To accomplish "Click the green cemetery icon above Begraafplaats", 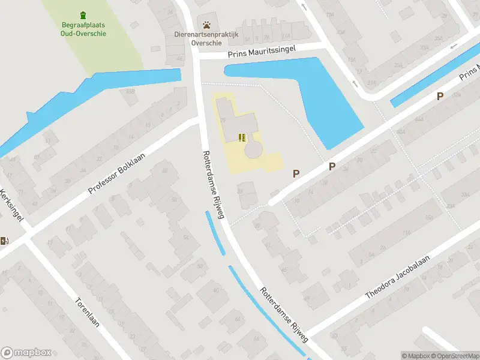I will pyautogui.click(x=83, y=15).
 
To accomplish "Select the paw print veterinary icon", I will pyautogui.click(x=207, y=25).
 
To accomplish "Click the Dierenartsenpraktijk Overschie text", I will pyautogui.click(x=206, y=39).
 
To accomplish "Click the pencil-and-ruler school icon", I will pyautogui.click(x=242, y=138).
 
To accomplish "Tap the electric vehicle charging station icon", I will pyautogui.click(x=5, y=241).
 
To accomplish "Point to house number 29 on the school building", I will pyautogui.click(x=223, y=121).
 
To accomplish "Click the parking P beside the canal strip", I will pyautogui.click(x=440, y=96).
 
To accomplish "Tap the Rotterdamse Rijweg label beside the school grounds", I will pyautogui.click(x=212, y=184).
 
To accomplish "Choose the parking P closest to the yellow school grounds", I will pyautogui.click(x=295, y=173).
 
